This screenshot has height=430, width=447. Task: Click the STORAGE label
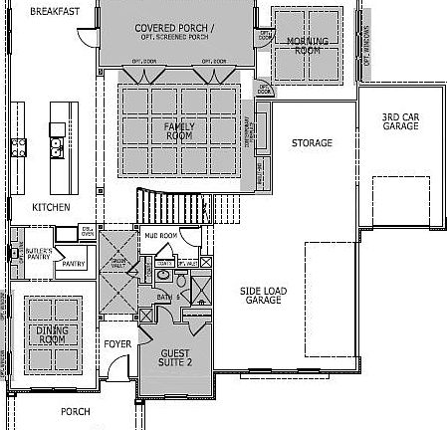(x=311, y=143)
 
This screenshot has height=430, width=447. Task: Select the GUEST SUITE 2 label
(x=180, y=357)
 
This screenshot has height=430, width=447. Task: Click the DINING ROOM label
(x=51, y=335)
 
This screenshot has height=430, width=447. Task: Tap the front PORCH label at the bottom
(x=75, y=411)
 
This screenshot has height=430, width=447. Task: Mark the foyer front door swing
(x=117, y=381)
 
